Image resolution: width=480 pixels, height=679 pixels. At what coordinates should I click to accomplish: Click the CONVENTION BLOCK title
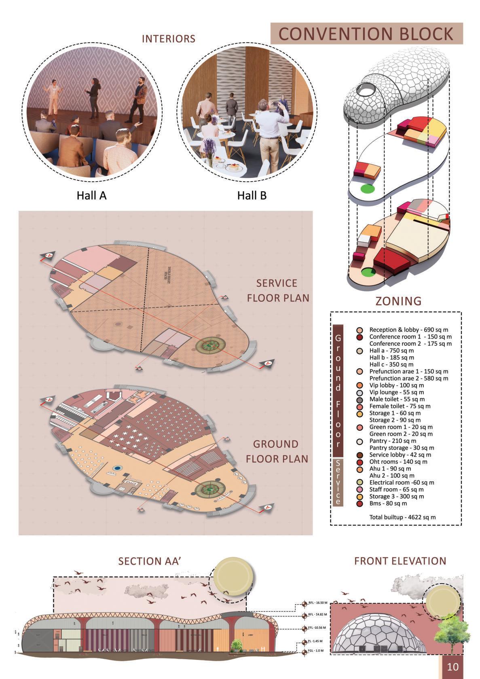tap(366, 34)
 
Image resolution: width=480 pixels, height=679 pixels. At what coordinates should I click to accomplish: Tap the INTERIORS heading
tap(168, 39)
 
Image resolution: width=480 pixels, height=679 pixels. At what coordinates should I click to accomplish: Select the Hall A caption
tap(91, 196)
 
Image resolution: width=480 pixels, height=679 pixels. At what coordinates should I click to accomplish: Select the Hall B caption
tap(252, 196)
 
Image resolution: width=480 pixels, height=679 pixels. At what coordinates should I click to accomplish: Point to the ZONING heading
tap(398, 301)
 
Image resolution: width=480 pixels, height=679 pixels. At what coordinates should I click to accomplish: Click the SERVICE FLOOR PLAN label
tap(278, 290)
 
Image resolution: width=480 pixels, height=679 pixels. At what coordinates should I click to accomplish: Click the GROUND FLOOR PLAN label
tap(277, 451)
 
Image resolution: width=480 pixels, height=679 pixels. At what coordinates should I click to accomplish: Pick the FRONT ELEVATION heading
tap(400, 561)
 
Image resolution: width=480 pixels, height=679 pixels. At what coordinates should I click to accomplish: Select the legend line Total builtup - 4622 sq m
tap(402, 517)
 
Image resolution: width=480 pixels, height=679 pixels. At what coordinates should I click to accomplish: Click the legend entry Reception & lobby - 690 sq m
tap(408, 330)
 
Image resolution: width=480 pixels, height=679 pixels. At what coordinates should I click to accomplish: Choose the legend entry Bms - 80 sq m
tap(388, 503)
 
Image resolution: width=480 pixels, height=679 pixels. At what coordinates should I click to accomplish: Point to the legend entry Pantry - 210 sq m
tap(393, 441)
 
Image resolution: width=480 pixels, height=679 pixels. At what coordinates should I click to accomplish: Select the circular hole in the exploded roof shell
tap(365, 88)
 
